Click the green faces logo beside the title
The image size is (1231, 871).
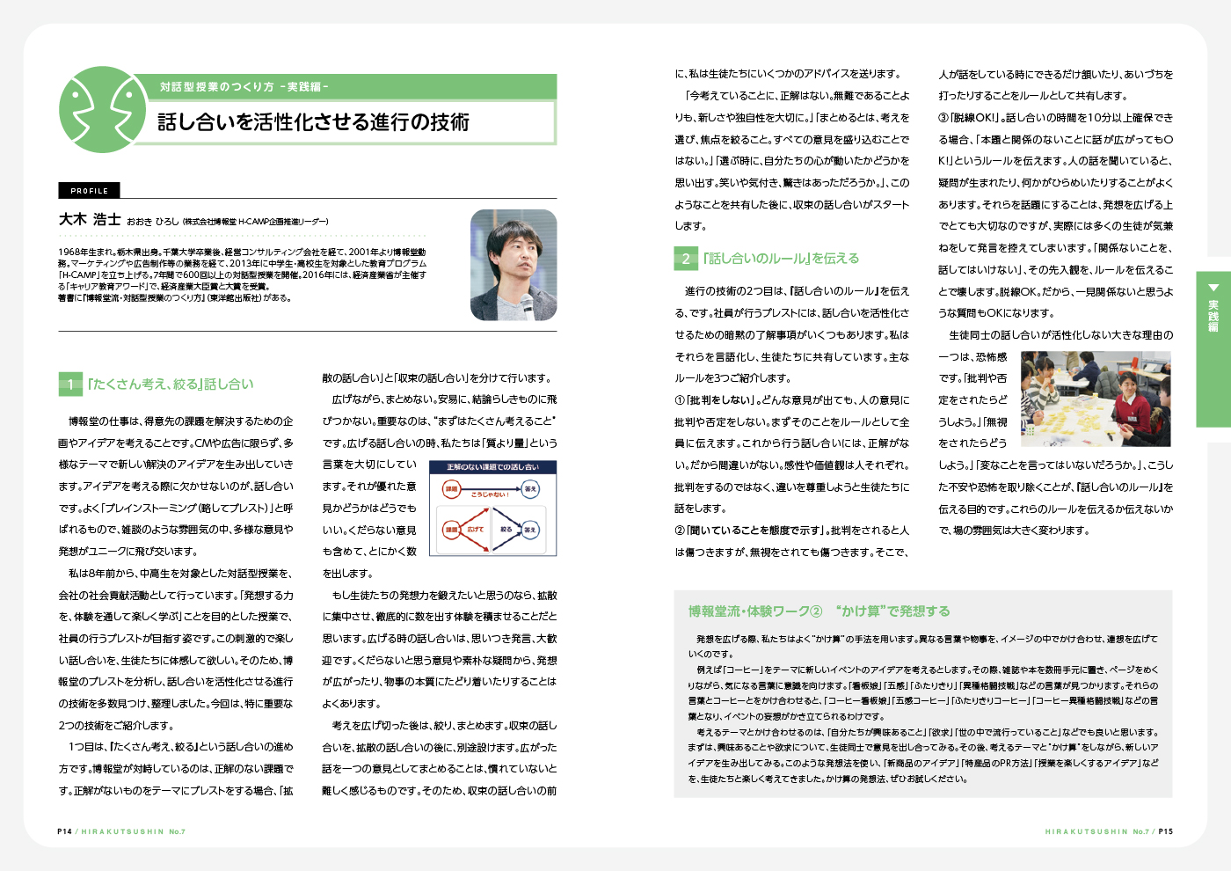pyautogui.click(x=102, y=110)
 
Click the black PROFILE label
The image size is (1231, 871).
pyautogui.click(x=89, y=190)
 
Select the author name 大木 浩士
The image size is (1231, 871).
pyautogui.click(x=90, y=220)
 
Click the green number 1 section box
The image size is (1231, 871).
pyautogui.click(x=70, y=384)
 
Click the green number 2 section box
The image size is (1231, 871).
pyautogui.click(x=686, y=259)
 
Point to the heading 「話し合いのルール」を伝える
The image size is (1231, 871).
pyautogui.click(x=781, y=259)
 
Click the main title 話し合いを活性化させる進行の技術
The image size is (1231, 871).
pyautogui.click(x=313, y=121)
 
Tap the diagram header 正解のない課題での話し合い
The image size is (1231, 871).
pyautogui.click(x=492, y=467)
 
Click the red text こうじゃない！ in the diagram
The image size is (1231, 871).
pyautogui.click(x=490, y=495)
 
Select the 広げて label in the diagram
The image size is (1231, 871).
pyautogui.click(x=476, y=530)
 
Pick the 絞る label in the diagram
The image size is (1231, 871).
pyautogui.click(x=506, y=530)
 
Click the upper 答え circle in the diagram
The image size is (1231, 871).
pyautogui.click(x=530, y=489)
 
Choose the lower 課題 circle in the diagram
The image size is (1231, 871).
pyautogui.click(x=451, y=530)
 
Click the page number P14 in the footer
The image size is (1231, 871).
pyautogui.click(x=64, y=831)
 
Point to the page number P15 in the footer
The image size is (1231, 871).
pyautogui.click(x=1165, y=831)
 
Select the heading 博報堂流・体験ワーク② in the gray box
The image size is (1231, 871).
pyautogui.click(x=755, y=611)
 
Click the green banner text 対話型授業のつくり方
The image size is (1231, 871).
pyautogui.click(x=216, y=87)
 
